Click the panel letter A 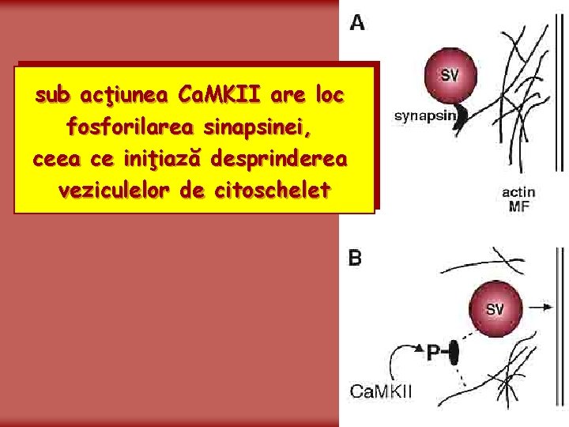pyautogui.click(x=357, y=22)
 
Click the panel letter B pyautogui.click(x=356, y=259)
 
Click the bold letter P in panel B pyautogui.click(x=434, y=353)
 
